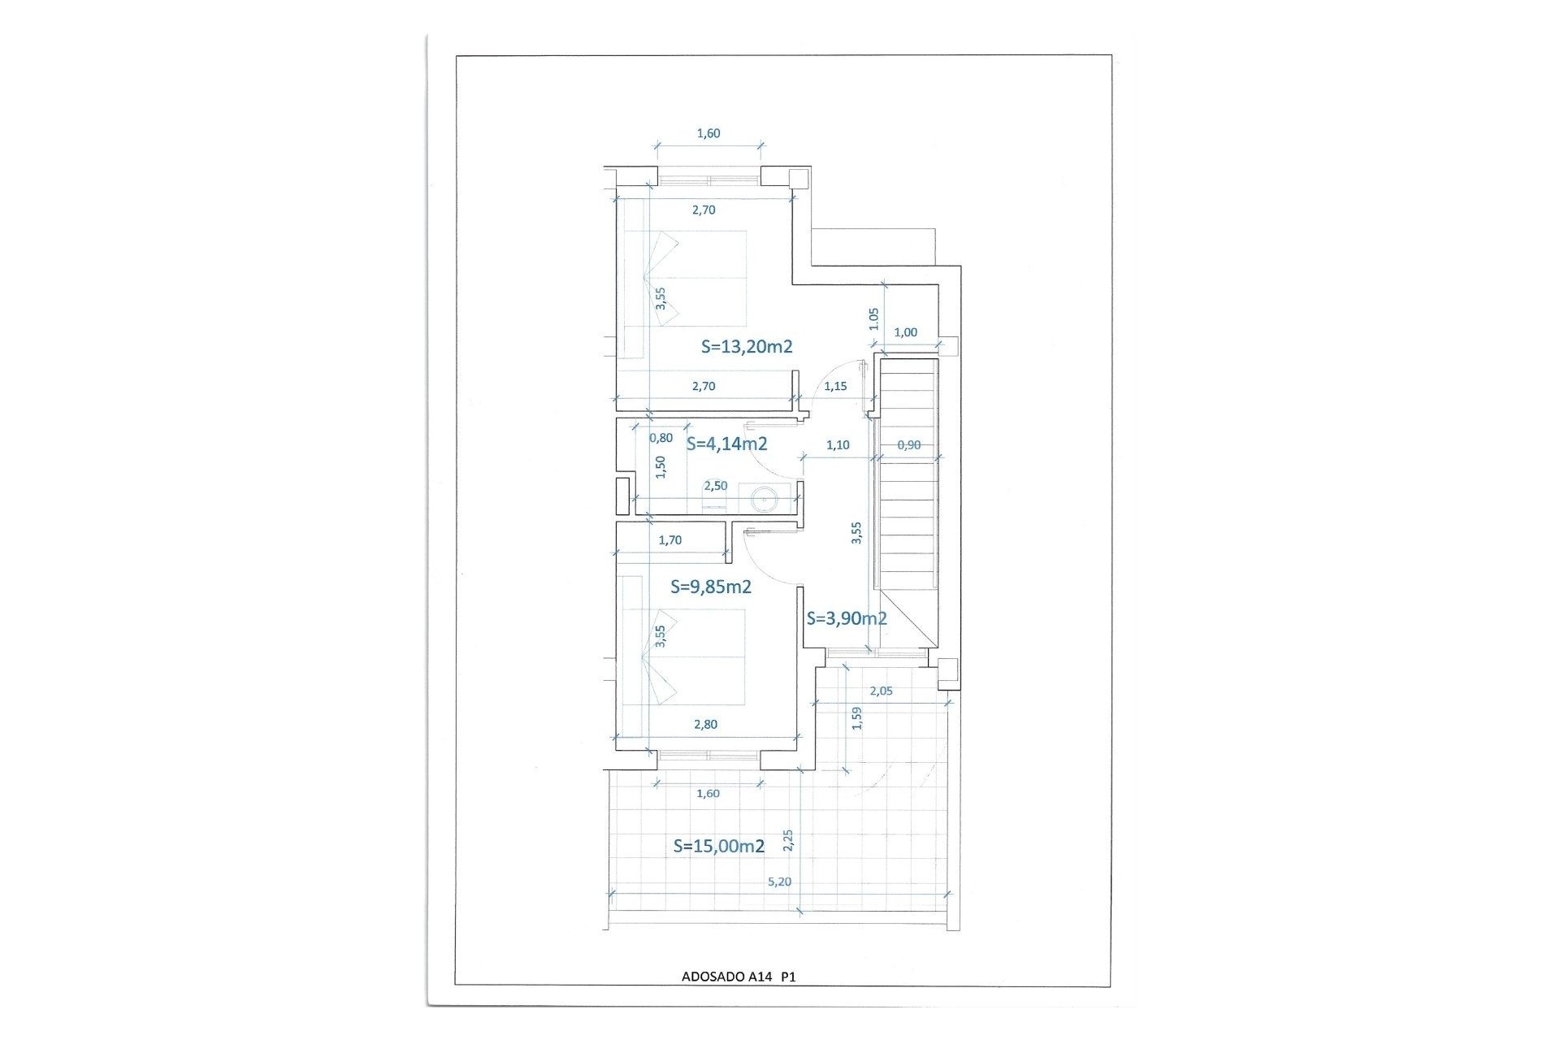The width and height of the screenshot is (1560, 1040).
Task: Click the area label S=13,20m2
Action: [747, 347]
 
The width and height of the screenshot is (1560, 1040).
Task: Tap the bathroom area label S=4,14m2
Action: [726, 444]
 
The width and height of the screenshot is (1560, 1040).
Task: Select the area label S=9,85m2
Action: [711, 587]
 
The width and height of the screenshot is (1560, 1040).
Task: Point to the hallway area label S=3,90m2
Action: [847, 618]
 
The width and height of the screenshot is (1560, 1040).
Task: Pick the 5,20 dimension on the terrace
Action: [778, 882]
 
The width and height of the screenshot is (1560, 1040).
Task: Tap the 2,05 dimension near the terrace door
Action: [881, 691]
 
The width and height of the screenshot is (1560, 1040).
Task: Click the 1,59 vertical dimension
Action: [856, 719]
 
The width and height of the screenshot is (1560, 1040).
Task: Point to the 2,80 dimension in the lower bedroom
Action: [705, 725]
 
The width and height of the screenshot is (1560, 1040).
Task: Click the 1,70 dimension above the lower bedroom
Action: [670, 539]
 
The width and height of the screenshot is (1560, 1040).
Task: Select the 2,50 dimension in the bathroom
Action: [715, 486]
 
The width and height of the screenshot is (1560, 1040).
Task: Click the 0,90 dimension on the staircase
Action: [909, 444]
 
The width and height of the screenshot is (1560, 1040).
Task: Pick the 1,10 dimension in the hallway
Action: [838, 444]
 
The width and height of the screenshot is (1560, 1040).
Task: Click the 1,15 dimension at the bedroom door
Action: [835, 386]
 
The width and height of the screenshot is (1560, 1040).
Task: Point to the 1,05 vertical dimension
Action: [874, 318]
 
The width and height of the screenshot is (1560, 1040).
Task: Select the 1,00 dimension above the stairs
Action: [905, 332]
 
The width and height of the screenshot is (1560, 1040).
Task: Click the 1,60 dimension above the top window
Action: [708, 133]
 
